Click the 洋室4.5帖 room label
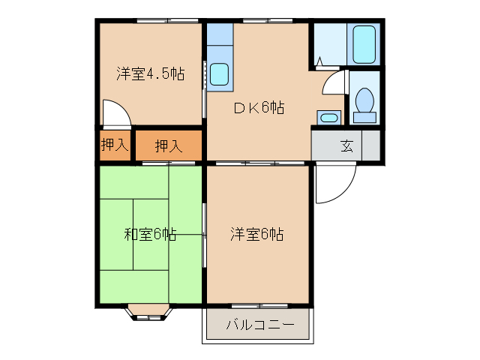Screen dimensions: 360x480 click(150, 74)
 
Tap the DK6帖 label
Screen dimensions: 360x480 click(258, 108)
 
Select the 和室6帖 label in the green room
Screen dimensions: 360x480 click(150, 234)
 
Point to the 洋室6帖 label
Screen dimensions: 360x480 click(257, 234)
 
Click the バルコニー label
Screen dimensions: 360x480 click(256, 326)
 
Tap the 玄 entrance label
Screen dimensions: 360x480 click(348, 145)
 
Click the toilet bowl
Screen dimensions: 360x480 click(365, 100)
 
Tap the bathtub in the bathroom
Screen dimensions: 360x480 click(363, 44)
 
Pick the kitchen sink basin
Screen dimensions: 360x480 click(220, 74)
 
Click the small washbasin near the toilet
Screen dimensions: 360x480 click(328, 117)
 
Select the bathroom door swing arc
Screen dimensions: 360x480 click(332, 84)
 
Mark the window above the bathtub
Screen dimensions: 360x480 click(363, 20)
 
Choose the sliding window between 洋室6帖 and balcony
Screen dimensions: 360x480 click(256, 305)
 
